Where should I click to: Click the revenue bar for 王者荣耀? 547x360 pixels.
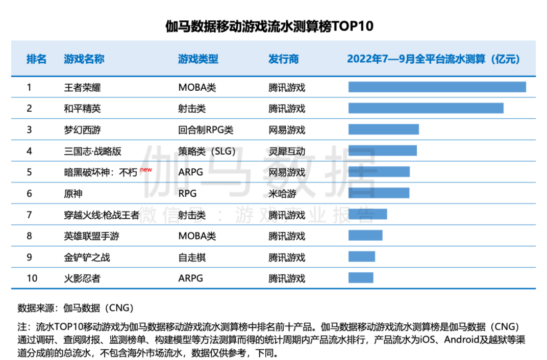pos(437,87)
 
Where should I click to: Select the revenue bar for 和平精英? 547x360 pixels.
pos(426,108)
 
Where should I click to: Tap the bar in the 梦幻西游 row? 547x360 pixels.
pos(383,130)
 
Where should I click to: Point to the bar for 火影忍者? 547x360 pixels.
pos(361,278)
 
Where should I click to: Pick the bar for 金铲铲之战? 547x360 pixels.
pos(361,256)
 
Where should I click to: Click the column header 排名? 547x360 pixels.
pos(36,59)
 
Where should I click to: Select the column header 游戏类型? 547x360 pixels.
pos(198,59)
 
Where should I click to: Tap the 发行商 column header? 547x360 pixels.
pos(283,59)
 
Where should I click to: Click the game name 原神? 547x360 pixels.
pos(73,194)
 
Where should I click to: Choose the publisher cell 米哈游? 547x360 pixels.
pos(282,194)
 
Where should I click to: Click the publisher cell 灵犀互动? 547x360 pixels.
pos(287,151)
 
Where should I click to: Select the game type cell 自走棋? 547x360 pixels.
pos(192,258)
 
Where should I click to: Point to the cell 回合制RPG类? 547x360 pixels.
pos(206,130)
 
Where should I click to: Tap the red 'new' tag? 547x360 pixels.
pos(146,169)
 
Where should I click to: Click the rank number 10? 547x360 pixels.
pos(32,278)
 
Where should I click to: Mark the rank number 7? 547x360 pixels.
pos(30,215)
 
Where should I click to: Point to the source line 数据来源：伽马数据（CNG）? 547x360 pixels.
pos(76,308)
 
